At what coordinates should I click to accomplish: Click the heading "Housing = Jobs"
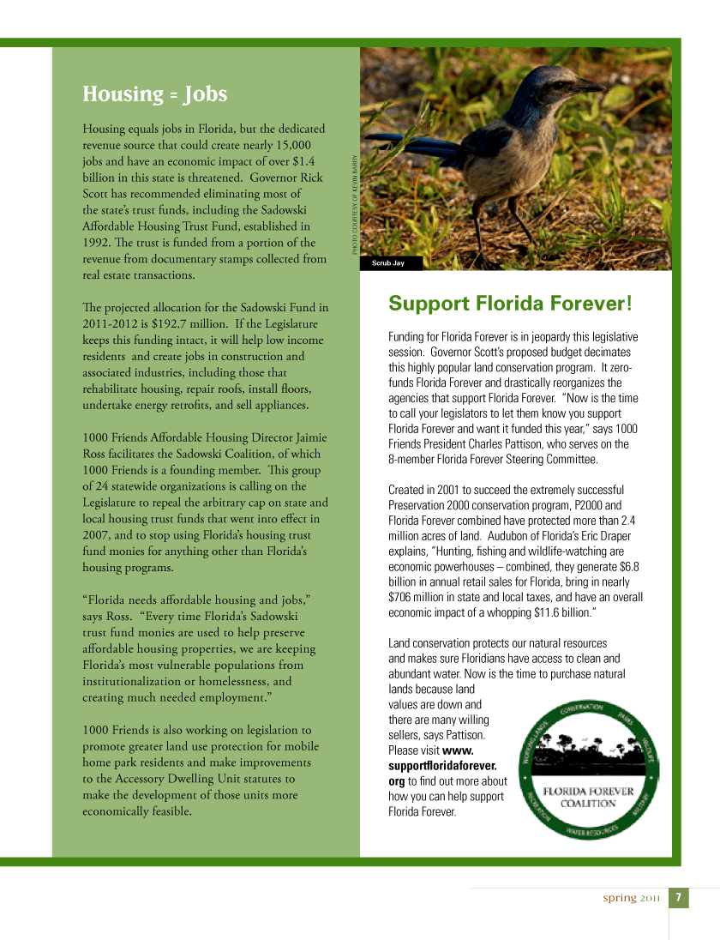coord(154,93)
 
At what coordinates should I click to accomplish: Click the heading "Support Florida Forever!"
coord(510,303)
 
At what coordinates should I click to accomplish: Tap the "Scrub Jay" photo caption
coord(388,263)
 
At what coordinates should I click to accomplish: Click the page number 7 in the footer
coord(678,898)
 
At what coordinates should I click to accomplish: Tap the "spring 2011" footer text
coord(631,898)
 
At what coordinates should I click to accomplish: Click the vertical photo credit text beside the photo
coord(353,202)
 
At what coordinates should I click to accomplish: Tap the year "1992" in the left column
coord(94,243)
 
